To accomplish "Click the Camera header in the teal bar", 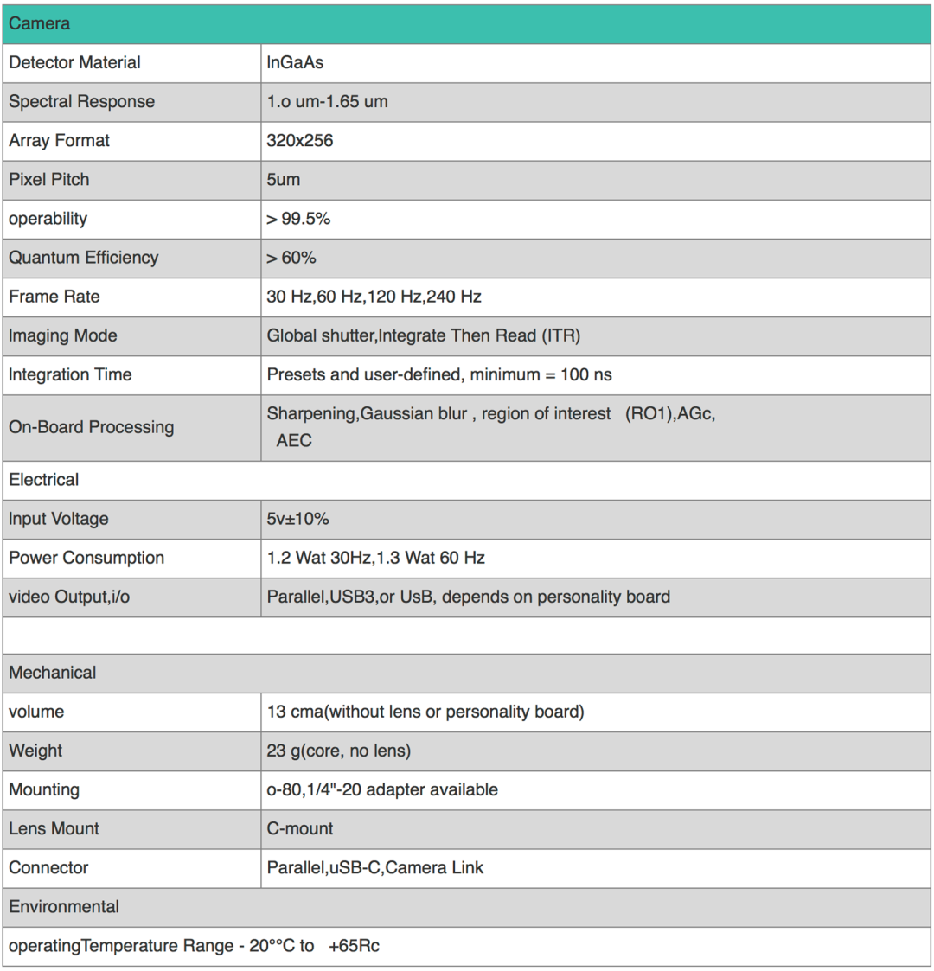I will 40,23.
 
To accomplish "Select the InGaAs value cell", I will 295,62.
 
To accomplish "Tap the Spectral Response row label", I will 81,101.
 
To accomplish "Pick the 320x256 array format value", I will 299,140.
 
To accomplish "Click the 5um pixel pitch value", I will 284,179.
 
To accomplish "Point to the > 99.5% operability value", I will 298,219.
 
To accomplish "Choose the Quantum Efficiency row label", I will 84,258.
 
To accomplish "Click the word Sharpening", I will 311,414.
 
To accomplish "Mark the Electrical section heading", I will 43,480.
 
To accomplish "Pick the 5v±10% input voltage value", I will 297,519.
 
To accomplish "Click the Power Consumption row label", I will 86,558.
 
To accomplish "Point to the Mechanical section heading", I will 53,673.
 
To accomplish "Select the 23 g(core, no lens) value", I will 338,751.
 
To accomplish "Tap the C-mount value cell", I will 299,828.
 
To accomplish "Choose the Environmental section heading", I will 64,907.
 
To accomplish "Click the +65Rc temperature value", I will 354,946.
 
